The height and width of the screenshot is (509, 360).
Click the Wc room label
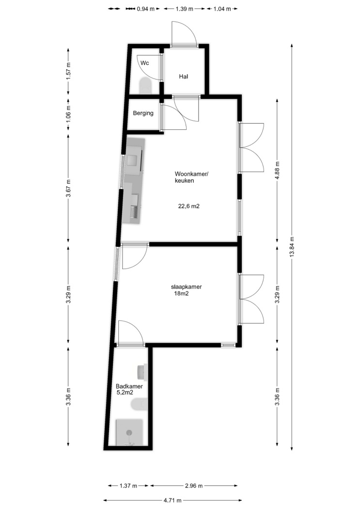click(x=145, y=63)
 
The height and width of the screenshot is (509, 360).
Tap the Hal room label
click(x=184, y=77)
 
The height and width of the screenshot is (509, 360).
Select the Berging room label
click(x=143, y=113)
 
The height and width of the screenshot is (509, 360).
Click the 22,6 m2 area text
click(x=189, y=206)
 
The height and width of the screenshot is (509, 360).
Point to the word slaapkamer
click(x=187, y=287)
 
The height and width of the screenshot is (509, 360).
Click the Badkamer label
click(x=129, y=386)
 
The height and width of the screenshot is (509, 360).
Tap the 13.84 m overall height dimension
click(x=292, y=247)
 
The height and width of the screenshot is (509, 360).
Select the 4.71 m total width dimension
click(x=172, y=500)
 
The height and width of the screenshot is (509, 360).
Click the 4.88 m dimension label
click(x=277, y=170)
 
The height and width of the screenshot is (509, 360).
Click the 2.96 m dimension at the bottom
click(x=194, y=486)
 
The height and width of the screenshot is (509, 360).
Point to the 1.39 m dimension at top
click(x=184, y=9)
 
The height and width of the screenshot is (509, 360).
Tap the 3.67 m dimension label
click(x=68, y=188)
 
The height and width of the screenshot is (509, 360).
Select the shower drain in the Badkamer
click(x=129, y=432)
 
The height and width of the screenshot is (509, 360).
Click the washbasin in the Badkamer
click(x=142, y=372)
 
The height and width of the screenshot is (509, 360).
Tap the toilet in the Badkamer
click(x=139, y=404)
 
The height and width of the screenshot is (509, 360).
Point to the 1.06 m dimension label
click(x=68, y=115)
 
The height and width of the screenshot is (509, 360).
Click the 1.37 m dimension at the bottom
click(x=128, y=486)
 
